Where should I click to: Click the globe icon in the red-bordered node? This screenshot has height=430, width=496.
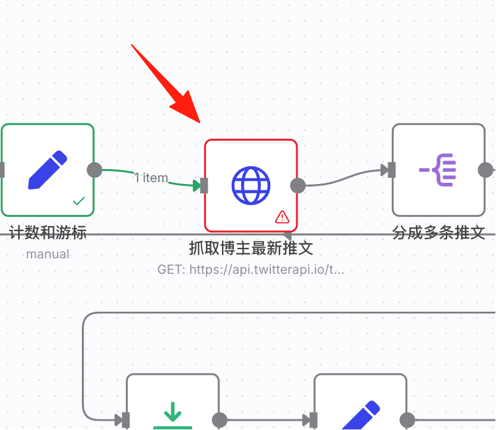pyautogui.click(x=251, y=186)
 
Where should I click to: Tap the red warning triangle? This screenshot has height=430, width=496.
pyautogui.click(x=282, y=217)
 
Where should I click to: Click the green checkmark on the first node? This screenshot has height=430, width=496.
pyautogui.click(x=79, y=201)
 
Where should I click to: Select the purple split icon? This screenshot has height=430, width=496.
pyautogui.click(x=438, y=170)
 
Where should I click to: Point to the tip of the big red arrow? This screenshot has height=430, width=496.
pyautogui.click(x=200, y=123)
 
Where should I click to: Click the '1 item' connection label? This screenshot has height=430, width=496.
pyautogui.click(x=151, y=178)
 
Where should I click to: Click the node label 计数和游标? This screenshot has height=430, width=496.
pyautogui.click(x=48, y=233)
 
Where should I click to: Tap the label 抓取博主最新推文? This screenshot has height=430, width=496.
pyautogui.click(x=251, y=248)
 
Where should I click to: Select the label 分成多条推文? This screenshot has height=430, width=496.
pyautogui.click(x=438, y=233)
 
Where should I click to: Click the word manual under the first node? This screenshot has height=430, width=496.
pyautogui.click(x=48, y=254)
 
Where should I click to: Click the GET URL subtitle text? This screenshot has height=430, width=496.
pyautogui.click(x=250, y=270)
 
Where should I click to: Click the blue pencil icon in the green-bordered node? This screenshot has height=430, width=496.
pyautogui.click(x=48, y=170)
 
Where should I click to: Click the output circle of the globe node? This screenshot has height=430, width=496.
pyautogui.click(x=298, y=186)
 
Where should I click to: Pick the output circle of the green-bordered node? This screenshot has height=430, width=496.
pyautogui.click(x=95, y=170)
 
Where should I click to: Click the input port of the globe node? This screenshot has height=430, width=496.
pyautogui.click(x=204, y=186)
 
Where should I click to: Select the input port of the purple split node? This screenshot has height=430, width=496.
pyautogui.click(x=392, y=170)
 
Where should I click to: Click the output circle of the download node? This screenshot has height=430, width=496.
pyautogui.click(x=219, y=420)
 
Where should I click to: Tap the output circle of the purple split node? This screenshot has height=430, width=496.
pyautogui.click(x=485, y=170)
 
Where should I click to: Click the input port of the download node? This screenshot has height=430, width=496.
pyautogui.click(x=126, y=420)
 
